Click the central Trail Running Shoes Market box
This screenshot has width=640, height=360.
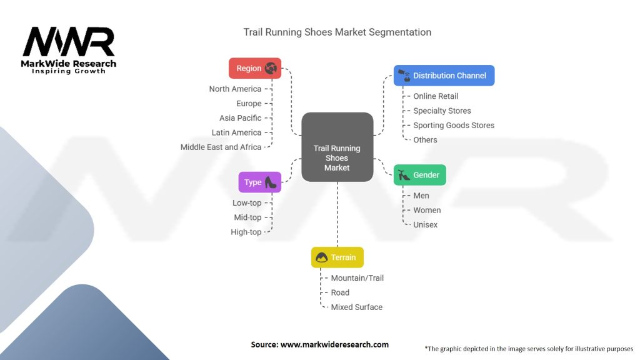[x=337, y=147]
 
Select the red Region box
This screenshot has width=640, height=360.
[x=255, y=68]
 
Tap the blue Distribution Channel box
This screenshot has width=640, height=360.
[x=444, y=76]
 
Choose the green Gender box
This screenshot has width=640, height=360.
[x=419, y=175]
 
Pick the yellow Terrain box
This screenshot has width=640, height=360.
[x=337, y=257]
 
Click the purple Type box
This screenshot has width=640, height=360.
[x=259, y=182]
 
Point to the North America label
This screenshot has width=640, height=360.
[x=235, y=89]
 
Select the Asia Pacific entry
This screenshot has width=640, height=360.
[x=240, y=118]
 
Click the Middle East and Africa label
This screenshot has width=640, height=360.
[x=221, y=147]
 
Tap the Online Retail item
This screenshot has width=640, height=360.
[x=436, y=96]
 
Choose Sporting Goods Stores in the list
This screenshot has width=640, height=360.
[x=454, y=125]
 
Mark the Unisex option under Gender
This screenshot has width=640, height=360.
[x=426, y=224]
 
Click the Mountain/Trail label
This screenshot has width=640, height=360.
[x=357, y=278]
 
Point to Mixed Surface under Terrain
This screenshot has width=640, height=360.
[x=356, y=307]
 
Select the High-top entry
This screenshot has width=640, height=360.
[x=246, y=232]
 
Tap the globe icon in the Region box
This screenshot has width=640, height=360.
[x=271, y=68]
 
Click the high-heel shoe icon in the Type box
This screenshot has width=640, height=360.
[x=271, y=182]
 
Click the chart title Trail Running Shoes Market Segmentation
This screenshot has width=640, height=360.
[x=337, y=32]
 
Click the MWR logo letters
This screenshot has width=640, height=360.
[x=69, y=42]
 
